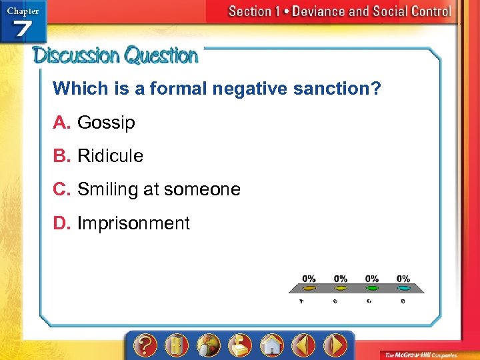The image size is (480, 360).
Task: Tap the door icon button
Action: click(x=176, y=345)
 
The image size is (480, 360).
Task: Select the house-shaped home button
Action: click(x=271, y=345)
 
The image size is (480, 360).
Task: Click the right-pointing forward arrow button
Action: click(x=335, y=345)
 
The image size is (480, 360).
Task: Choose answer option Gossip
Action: click(x=106, y=123)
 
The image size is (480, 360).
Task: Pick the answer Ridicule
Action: click(x=110, y=156)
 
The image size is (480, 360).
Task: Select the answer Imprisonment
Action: click(x=133, y=223)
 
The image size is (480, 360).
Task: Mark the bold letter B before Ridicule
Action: click(x=61, y=156)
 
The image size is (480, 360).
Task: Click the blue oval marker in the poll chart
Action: click(x=404, y=289)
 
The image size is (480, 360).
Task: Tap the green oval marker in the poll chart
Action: click(x=372, y=289)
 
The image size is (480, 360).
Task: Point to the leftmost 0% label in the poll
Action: click(x=309, y=278)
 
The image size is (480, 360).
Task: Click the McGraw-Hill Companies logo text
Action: click(x=427, y=353)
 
